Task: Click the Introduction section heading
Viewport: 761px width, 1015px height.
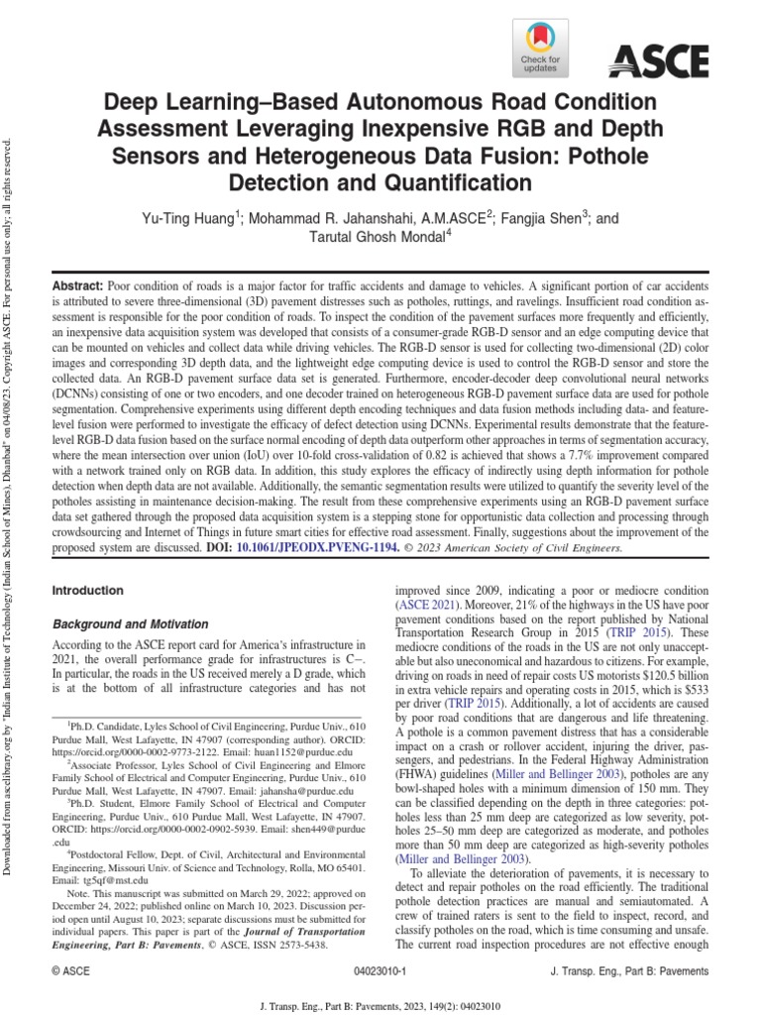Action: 87,591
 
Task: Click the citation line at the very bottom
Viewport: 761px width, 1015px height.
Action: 380,1002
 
